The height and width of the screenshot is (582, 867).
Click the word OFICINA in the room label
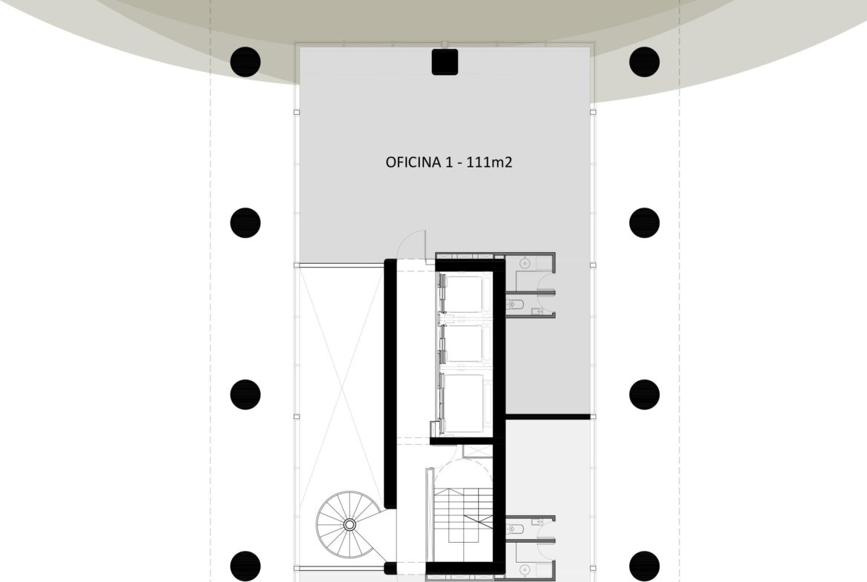click(x=413, y=162)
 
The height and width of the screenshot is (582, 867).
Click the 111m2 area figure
click(x=489, y=162)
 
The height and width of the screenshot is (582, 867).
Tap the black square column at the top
click(x=445, y=62)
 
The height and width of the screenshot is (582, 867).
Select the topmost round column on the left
click(x=245, y=62)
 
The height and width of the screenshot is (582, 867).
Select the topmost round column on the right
click(x=644, y=62)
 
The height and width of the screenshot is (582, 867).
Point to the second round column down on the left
click(x=245, y=223)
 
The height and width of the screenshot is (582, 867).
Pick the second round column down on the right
click(x=644, y=223)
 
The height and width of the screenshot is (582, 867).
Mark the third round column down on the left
click(x=245, y=394)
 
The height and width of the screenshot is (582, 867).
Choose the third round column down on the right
click(x=644, y=394)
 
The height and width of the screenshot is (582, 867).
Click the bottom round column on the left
click(x=245, y=566)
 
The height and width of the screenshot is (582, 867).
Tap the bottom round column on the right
click(x=644, y=566)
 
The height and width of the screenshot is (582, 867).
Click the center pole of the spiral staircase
click(x=350, y=524)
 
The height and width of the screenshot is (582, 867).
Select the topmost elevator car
click(x=465, y=294)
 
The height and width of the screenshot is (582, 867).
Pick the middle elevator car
click(x=465, y=343)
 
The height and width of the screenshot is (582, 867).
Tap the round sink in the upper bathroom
click(x=525, y=264)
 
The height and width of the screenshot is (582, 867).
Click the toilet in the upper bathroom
click(x=513, y=303)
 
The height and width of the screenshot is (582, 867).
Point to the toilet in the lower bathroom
click(x=513, y=529)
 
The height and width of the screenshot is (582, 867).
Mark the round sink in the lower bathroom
click(x=525, y=569)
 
